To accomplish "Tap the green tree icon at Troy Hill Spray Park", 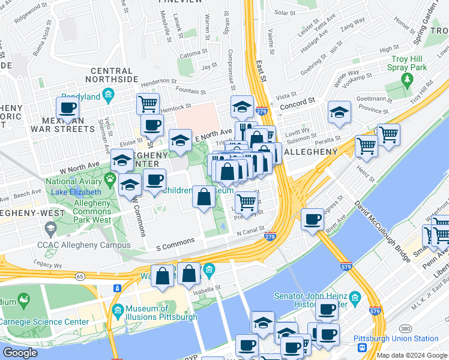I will (408, 80).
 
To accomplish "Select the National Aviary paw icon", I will (110, 179).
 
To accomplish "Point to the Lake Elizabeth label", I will (76, 192).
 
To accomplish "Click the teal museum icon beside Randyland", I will (108, 94).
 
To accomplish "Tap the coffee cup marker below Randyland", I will (68, 109).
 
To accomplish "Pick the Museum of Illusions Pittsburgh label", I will (161, 313).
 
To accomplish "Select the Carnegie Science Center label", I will (44, 322).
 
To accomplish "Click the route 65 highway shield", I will (80, 276).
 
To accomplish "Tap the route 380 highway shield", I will (406, 329).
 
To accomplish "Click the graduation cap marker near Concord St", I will (339, 112).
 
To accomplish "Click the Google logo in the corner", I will (20, 353).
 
